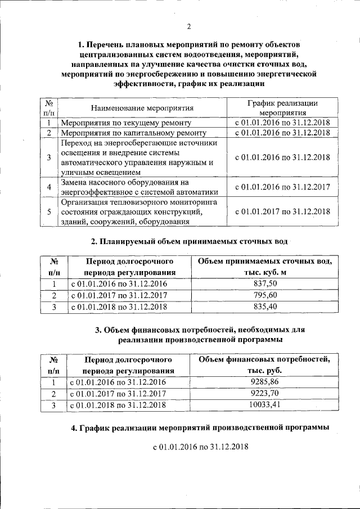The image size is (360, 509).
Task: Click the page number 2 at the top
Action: click(189, 26)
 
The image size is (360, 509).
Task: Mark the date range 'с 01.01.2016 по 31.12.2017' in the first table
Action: click(282, 186)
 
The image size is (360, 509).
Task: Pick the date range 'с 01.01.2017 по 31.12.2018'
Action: click(282, 211)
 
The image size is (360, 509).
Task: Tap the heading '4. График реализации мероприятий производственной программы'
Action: click(200, 428)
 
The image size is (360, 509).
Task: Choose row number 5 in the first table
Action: click(49, 211)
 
